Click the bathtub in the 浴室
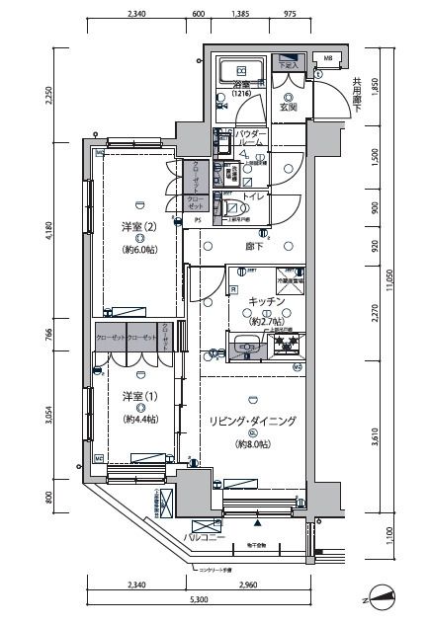point(239,70)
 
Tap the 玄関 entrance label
point(289,108)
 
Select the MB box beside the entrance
point(328,56)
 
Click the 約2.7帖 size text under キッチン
point(267,321)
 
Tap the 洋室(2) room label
point(139,225)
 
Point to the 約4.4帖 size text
point(139,419)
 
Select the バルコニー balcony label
point(206,539)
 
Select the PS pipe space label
point(196,220)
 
